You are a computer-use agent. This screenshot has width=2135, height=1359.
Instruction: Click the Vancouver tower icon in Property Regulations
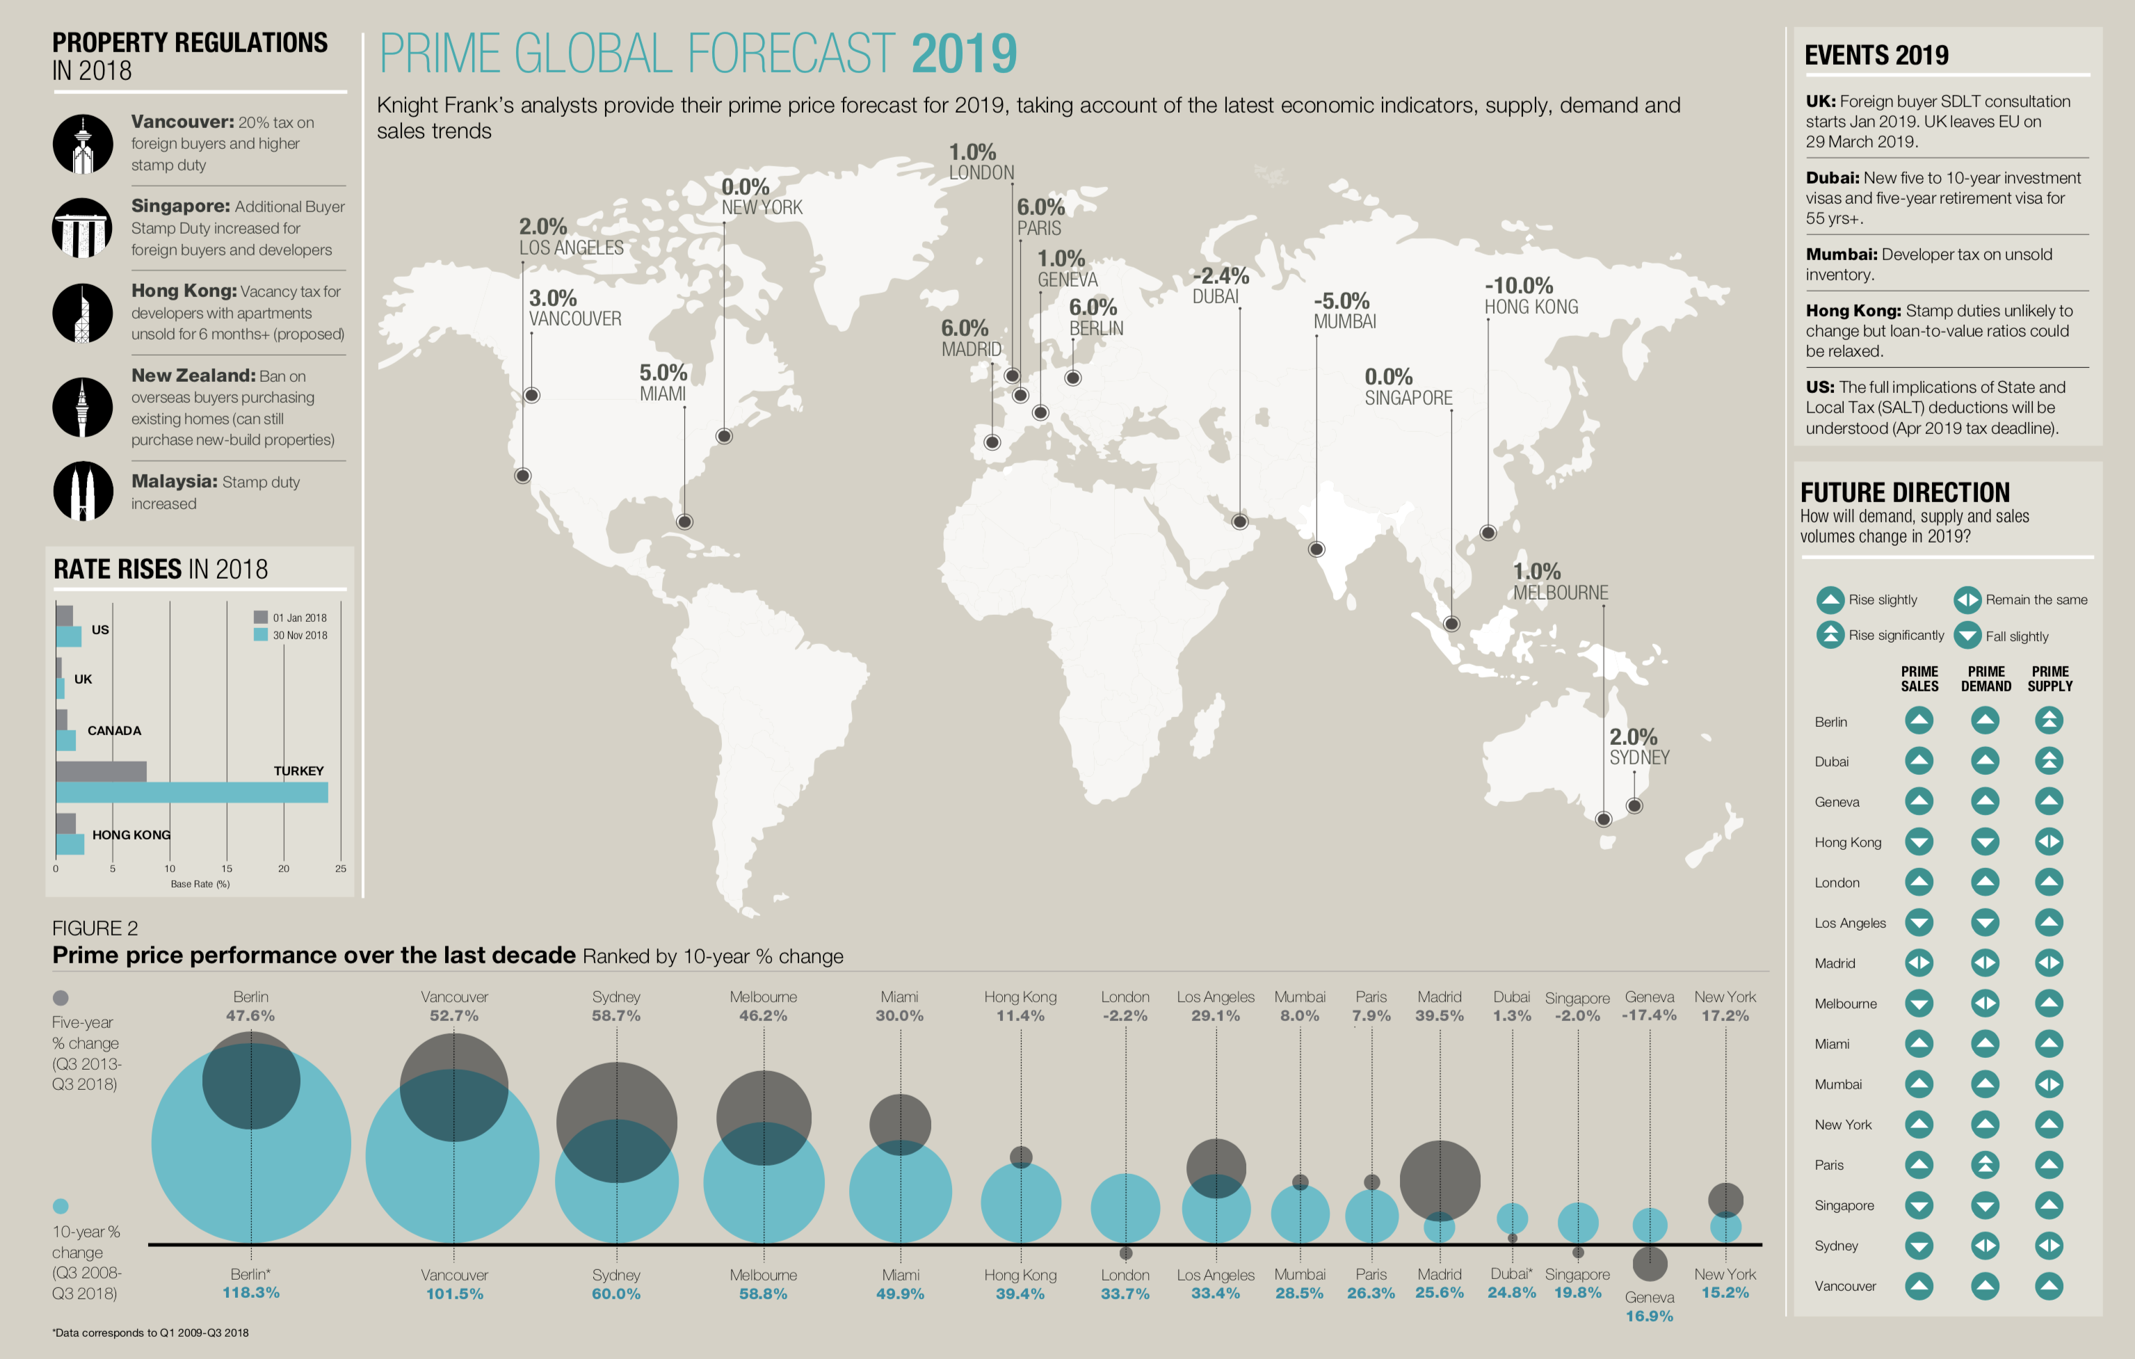coord(83,143)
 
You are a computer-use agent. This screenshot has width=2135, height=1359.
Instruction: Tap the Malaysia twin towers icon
coord(83,490)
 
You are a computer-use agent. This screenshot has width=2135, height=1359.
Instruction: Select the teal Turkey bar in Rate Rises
coord(191,793)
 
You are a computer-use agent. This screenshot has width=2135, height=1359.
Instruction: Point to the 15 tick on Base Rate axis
coord(227,869)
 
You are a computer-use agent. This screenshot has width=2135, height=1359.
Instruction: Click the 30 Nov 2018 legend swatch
coord(261,635)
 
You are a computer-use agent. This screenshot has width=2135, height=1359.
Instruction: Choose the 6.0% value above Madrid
coord(965,329)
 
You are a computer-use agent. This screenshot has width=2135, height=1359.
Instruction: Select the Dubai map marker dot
coord(1239,521)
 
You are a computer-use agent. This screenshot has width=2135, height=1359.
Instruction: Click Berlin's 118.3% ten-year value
coord(251,1292)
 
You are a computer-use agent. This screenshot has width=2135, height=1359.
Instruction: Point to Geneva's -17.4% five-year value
coord(1649,1015)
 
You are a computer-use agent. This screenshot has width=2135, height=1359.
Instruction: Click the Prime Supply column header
coord(2050,679)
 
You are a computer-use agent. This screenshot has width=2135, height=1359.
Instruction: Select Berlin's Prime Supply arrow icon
coord(2049,720)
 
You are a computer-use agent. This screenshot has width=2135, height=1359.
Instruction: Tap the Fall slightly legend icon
coord(1967,636)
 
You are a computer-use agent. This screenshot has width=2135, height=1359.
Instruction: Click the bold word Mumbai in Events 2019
coord(1842,255)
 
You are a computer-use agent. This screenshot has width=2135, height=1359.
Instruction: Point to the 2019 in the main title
coord(964,54)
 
